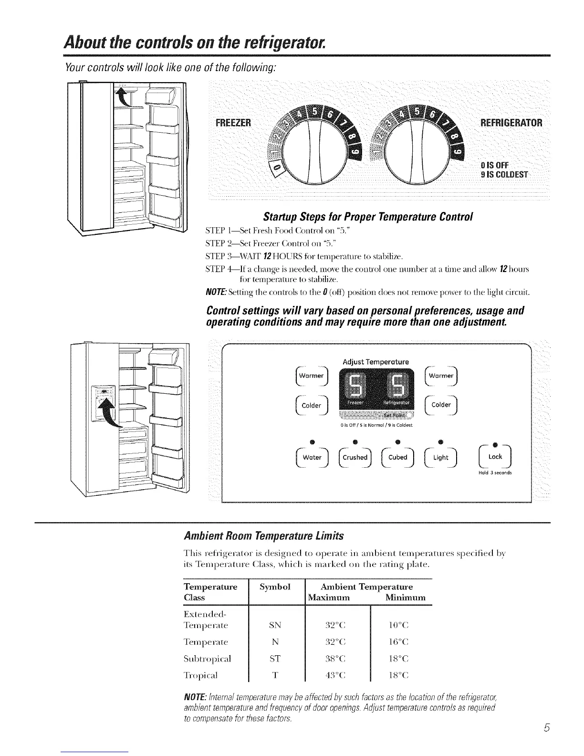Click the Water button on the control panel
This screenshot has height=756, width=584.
tap(312, 457)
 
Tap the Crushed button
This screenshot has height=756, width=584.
tap(355, 457)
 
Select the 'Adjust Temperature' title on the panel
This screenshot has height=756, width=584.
tap(375, 362)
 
